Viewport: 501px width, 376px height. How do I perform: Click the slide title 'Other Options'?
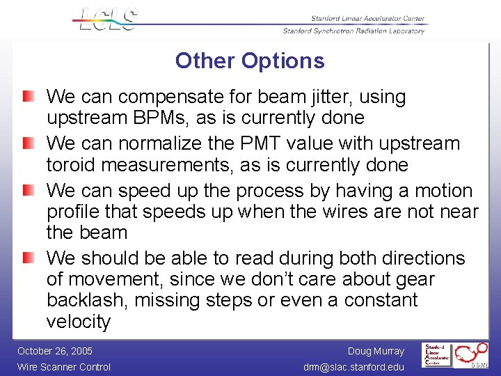[x=250, y=61]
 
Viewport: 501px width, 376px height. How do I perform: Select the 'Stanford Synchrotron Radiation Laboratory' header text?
[x=353, y=31]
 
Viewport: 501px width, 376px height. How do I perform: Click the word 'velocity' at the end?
[x=79, y=322]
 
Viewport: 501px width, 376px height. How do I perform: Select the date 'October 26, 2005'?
[x=55, y=351]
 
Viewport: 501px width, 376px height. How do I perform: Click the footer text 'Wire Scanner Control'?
[x=64, y=367]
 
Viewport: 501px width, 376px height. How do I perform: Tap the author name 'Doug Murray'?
[x=376, y=351]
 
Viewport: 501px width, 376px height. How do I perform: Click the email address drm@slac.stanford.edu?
[x=353, y=367]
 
